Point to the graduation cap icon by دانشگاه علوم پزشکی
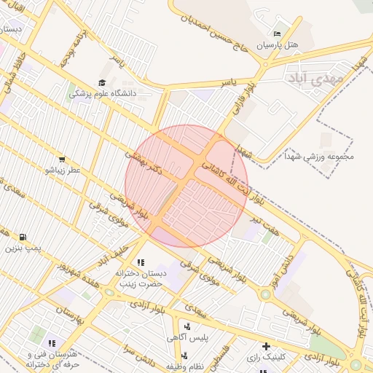coord(102,83)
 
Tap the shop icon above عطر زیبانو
coord(61,159)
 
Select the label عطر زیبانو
coord(61,170)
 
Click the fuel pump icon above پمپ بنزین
coord(23,237)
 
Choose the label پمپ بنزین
coord(21,248)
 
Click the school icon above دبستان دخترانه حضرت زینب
coord(140,262)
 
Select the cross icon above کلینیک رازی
coord(266,346)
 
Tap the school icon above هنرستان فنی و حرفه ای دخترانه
coord(52,342)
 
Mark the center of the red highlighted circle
coord(186,186)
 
